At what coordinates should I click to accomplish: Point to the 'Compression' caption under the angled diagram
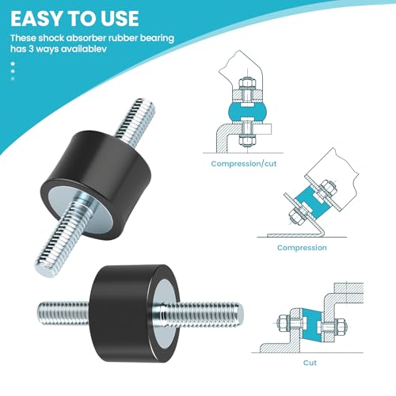301,248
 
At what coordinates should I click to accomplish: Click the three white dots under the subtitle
13,70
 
